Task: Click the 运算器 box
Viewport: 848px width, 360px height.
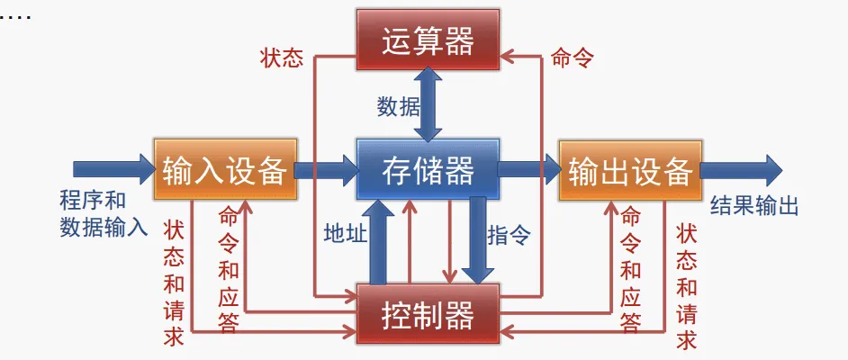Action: coord(427,40)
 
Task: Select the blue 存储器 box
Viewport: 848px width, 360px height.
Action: coord(427,169)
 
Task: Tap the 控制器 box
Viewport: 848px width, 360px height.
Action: coord(427,314)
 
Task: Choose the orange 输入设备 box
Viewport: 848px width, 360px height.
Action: coord(224,169)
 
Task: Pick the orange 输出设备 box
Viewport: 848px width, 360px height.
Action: coord(629,169)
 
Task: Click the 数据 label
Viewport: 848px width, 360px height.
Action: coord(398,106)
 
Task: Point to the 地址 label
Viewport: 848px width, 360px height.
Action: coord(345,235)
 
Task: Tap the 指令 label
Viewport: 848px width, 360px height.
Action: coord(509,236)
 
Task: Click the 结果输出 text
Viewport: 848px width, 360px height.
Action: coord(754,206)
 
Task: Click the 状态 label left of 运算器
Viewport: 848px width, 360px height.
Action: coord(281,58)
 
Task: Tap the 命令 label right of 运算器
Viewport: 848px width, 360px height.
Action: coord(572,58)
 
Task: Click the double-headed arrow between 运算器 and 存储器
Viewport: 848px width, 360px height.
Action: coord(428,104)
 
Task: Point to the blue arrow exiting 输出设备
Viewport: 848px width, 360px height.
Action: coord(740,168)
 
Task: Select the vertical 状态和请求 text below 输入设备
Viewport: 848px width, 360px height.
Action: coord(174,283)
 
